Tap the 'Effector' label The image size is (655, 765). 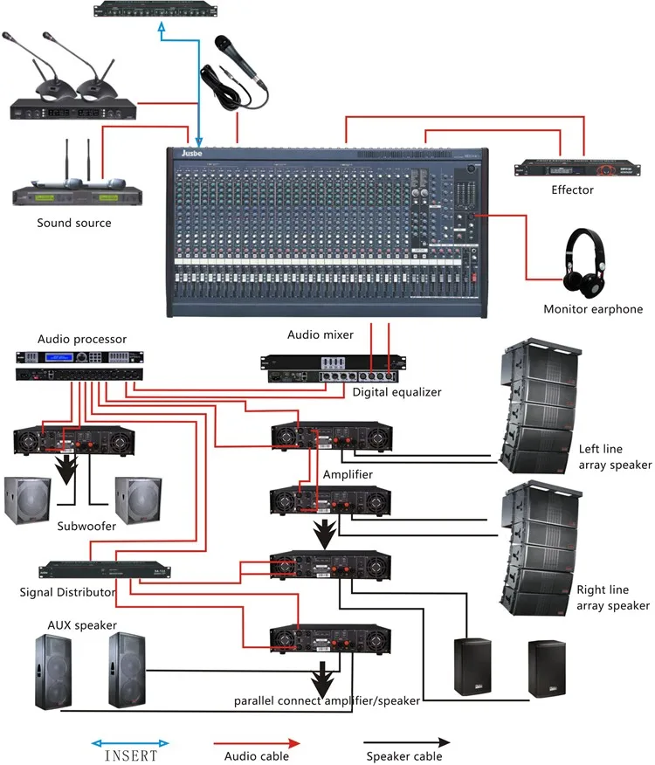(572, 190)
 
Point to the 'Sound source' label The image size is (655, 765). (74, 223)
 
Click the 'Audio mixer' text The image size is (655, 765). (321, 334)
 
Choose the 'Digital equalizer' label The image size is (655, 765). (396, 392)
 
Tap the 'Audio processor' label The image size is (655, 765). (82, 339)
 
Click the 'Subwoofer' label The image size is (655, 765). (86, 526)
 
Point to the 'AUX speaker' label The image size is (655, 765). (82, 626)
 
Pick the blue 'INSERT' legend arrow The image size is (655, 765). (130, 742)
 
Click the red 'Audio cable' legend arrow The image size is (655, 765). (257, 742)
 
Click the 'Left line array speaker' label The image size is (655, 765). (615, 457)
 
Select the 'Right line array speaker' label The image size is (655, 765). (613, 597)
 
